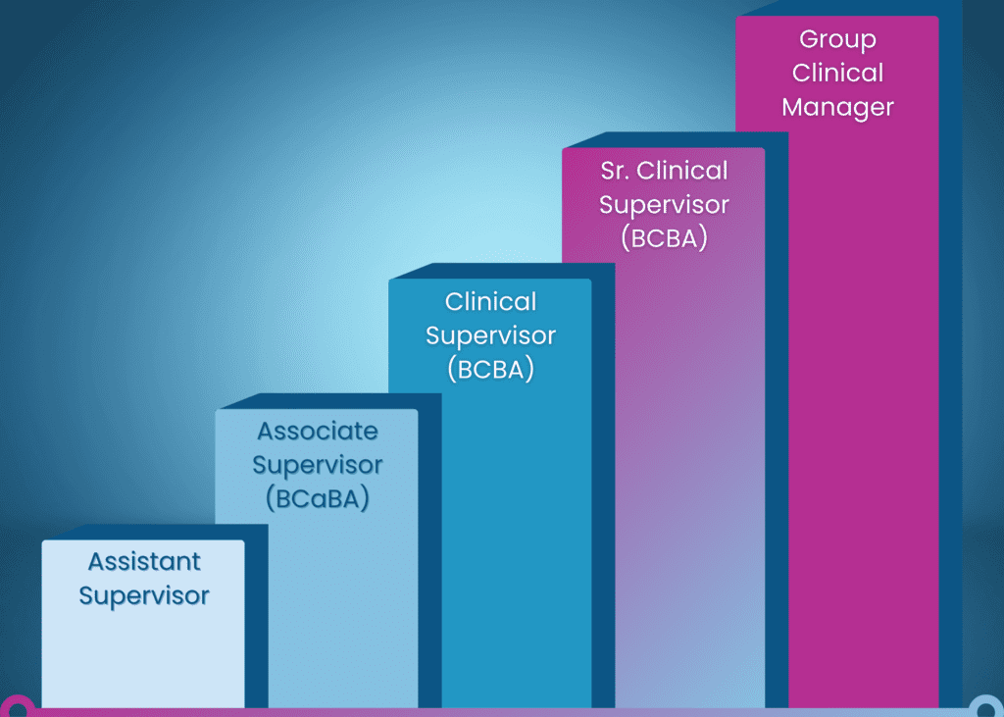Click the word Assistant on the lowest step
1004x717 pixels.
(144, 562)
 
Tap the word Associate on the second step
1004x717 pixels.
(317, 432)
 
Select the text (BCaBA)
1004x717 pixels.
(317, 498)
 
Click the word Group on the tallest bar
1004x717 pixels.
(837, 40)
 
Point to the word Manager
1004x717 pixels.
(837, 106)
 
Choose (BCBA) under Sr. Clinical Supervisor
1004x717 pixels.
(664, 238)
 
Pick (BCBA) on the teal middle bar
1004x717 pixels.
(490, 370)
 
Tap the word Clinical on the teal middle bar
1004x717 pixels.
(490, 301)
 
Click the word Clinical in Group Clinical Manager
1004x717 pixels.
(837, 74)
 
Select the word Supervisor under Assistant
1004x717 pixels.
(144, 595)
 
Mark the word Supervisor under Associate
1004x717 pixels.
(317, 465)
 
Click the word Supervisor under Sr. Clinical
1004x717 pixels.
(664, 205)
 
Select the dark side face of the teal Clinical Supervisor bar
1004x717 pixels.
(603, 490)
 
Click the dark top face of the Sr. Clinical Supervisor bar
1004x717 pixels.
(677, 140)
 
